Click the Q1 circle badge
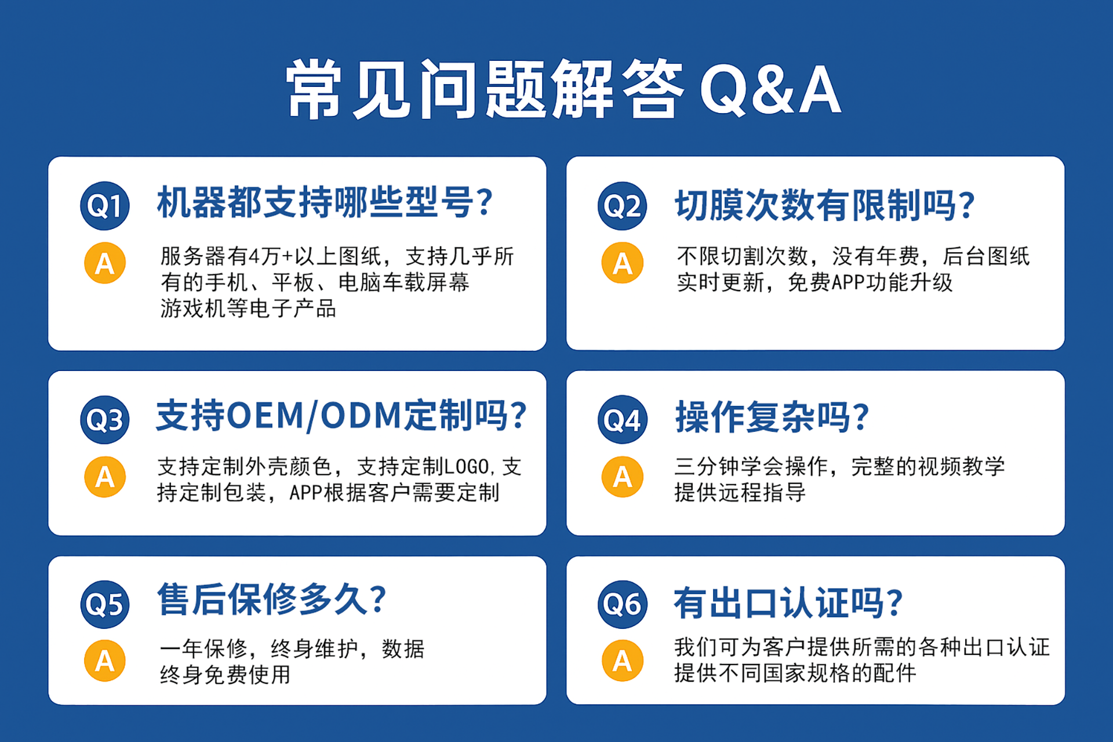click(x=105, y=205)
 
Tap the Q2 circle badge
click(x=623, y=205)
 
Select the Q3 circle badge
click(x=105, y=420)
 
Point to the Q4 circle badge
click(x=623, y=420)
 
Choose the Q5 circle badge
click(x=105, y=604)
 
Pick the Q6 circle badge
click(x=623, y=604)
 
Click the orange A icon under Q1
click(x=105, y=263)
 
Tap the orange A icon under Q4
click(x=623, y=477)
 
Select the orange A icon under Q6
click(x=623, y=660)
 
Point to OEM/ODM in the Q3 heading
click(x=314, y=416)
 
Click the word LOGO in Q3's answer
click(x=466, y=467)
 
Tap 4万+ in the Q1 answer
click(x=272, y=256)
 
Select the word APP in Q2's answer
click(x=849, y=283)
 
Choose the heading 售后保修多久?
click(x=272, y=599)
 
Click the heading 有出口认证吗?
click(x=788, y=603)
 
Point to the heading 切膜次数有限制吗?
click(x=825, y=205)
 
